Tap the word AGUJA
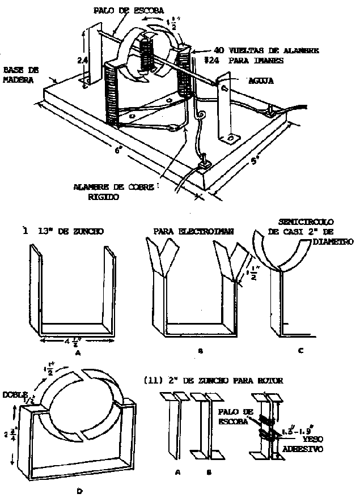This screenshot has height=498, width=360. [261, 81]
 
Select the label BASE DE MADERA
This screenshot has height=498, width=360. [20, 74]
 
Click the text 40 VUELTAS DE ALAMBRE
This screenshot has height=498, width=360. [266, 50]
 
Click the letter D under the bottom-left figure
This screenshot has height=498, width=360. [80, 491]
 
